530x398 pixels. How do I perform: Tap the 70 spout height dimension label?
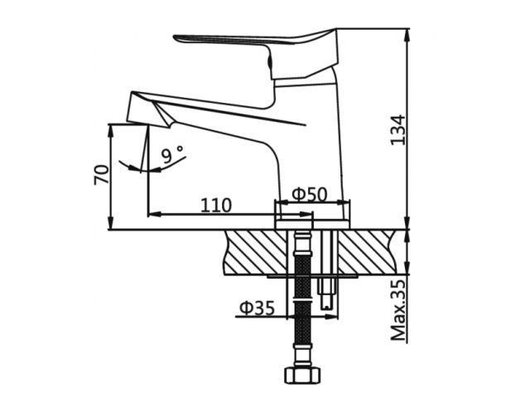pos(102,175)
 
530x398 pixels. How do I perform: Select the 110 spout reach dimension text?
pos(215,204)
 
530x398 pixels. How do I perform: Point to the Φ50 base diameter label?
pos(310,194)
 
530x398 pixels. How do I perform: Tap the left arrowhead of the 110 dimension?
pos(152,214)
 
